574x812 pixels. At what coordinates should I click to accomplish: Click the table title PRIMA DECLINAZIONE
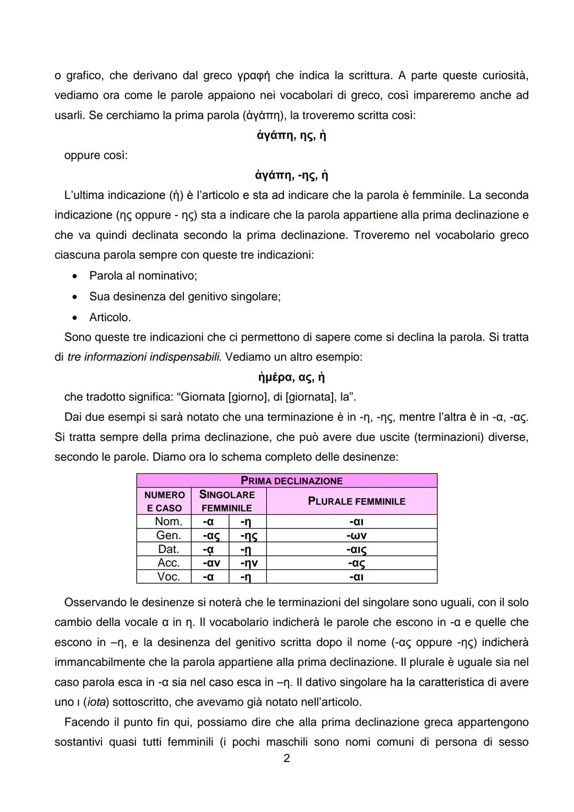(291, 481)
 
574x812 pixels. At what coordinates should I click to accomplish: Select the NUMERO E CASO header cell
(164, 501)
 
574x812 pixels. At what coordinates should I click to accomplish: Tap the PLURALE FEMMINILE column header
(356, 501)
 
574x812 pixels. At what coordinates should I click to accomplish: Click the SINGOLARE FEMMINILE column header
(227, 501)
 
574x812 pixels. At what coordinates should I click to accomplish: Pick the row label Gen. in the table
(168, 535)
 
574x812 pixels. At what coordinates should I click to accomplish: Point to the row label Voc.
(168, 576)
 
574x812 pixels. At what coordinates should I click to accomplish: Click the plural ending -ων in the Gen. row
(356, 535)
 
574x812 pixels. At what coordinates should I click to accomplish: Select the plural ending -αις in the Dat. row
(356, 549)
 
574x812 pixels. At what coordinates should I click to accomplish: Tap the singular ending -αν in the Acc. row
(211, 563)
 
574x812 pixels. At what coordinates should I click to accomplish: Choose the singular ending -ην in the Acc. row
(248, 563)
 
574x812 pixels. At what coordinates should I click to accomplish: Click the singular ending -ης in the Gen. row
(248, 535)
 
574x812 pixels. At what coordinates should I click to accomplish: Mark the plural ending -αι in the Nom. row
(356, 522)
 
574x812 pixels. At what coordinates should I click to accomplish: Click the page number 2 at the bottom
(287, 758)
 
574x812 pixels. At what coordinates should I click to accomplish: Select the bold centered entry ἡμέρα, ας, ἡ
(291, 377)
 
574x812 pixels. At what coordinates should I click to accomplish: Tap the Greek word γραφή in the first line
(254, 76)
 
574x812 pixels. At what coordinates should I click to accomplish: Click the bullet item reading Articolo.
(109, 317)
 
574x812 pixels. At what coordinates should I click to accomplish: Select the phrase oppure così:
(96, 155)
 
